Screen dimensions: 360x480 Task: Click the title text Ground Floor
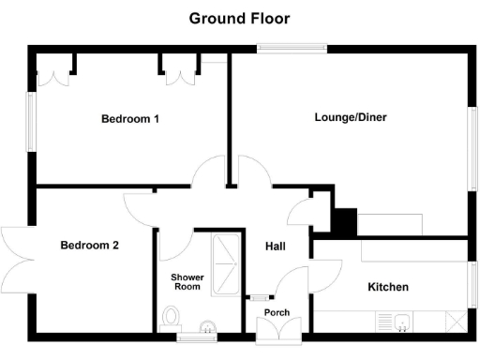click(240, 18)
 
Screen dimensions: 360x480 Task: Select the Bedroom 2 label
click(90, 246)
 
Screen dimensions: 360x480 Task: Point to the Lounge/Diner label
click(351, 118)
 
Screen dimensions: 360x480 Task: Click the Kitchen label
click(386, 287)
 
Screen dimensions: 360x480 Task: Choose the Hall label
click(276, 247)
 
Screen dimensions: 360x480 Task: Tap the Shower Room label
click(187, 282)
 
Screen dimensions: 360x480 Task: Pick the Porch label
click(277, 312)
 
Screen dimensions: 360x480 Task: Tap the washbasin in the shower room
click(207, 326)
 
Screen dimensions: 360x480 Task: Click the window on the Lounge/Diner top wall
click(292, 50)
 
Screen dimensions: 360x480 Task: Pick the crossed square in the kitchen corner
click(456, 322)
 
